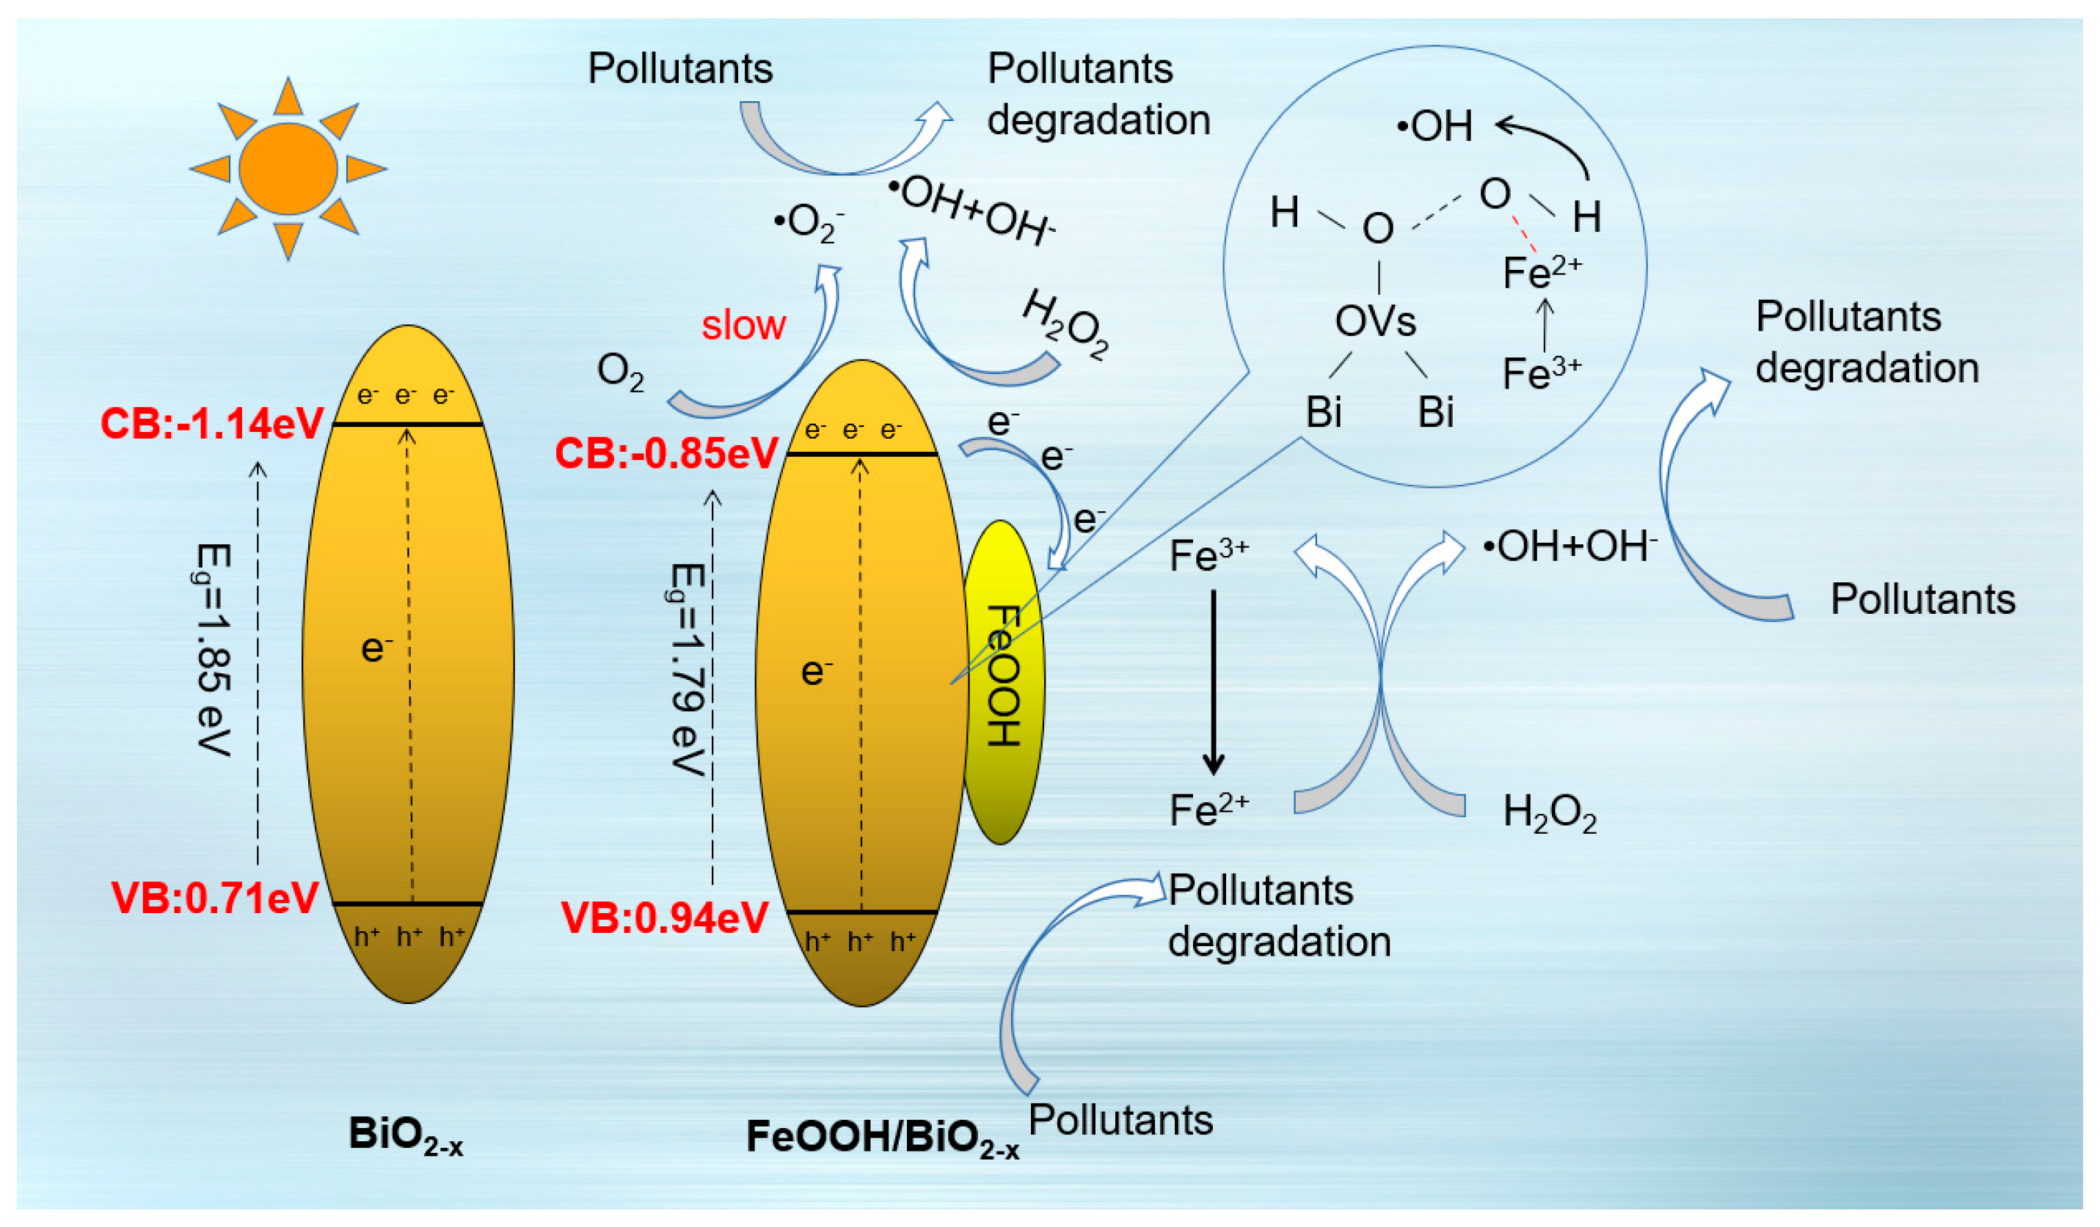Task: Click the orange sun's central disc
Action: [288, 169]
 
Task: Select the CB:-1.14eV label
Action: [211, 424]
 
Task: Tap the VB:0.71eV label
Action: [214, 898]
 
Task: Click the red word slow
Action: [743, 325]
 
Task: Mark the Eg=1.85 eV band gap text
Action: [214, 650]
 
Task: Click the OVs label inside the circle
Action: [1375, 321]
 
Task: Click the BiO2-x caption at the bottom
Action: [405, 1136]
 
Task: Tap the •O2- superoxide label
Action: [809, 223]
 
